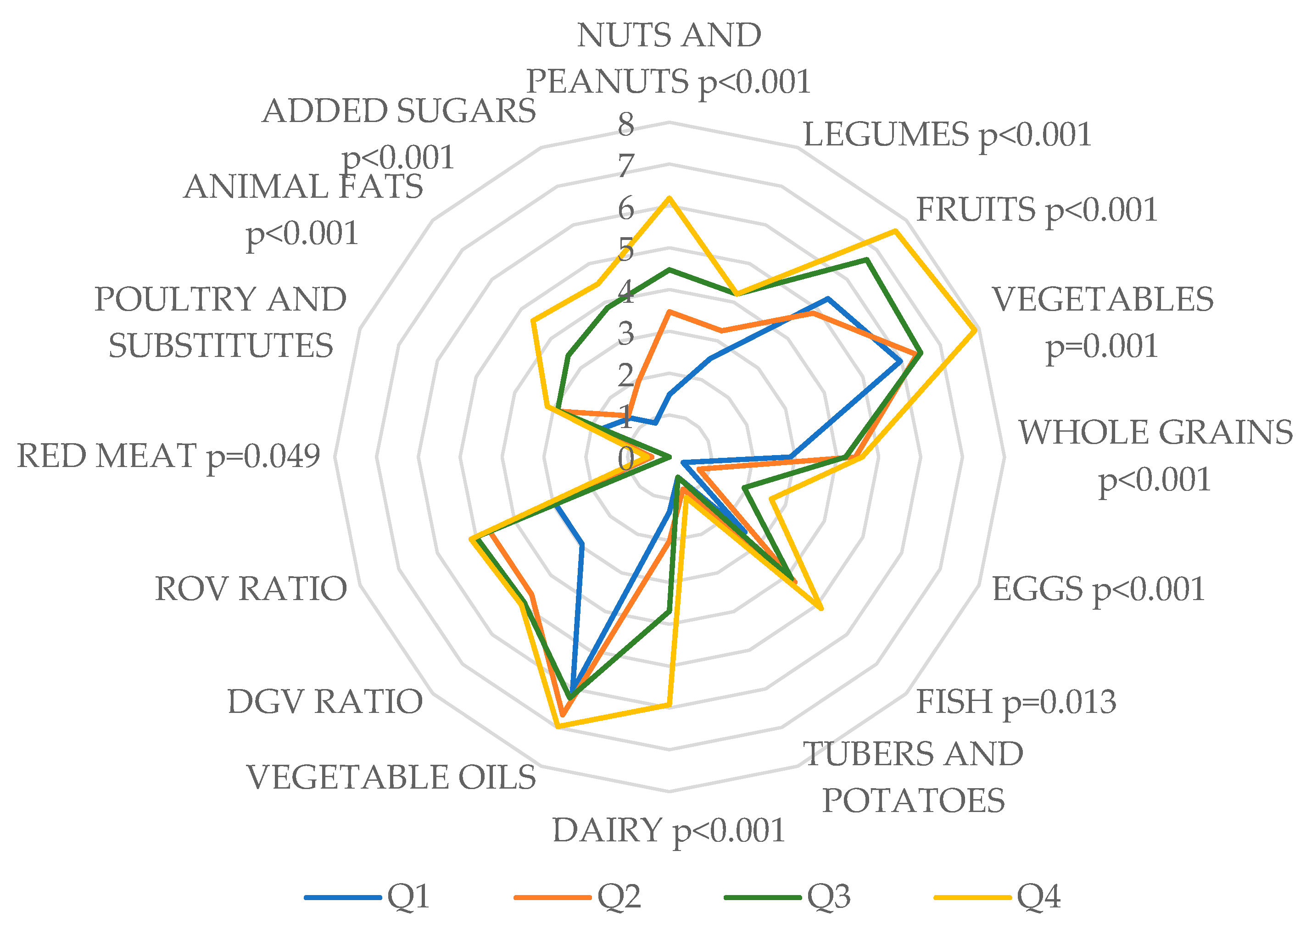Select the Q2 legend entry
point(578,896)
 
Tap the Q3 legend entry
point(788,896)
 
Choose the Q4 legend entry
point(998,896)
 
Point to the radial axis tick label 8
point(626,124)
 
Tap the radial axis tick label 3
point(626,334)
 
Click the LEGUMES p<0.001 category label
point(947,135)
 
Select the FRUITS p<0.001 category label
point(1037,210)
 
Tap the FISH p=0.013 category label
point(1016,702)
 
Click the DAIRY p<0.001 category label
point(668,831)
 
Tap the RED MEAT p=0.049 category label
point(168,456)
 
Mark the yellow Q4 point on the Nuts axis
point(669,198)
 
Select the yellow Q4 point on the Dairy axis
point(668,706)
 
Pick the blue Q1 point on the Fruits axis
point(828,299)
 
